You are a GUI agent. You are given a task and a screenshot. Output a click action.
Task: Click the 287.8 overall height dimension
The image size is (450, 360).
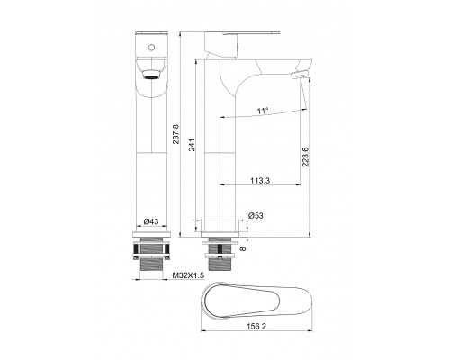point(175,134)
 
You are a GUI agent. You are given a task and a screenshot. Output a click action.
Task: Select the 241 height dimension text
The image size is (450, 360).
point(193,145)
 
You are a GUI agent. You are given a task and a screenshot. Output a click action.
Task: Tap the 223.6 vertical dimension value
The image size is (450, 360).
point(305,157)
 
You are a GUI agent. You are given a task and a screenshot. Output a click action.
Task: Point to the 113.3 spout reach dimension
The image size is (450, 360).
point(260,181)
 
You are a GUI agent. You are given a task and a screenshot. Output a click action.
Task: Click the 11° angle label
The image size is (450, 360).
point(263,112)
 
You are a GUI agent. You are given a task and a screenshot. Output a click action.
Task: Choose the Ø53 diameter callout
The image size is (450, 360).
point(256,215)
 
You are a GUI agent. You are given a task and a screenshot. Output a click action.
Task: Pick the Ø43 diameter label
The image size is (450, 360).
point(151,221)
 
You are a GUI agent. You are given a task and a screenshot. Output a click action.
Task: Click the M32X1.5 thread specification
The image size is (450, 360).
point(188,275)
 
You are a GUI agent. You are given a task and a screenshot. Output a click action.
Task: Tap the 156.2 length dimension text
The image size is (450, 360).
point(256,326)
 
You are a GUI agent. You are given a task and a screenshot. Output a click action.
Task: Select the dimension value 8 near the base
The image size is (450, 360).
point(243,248)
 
